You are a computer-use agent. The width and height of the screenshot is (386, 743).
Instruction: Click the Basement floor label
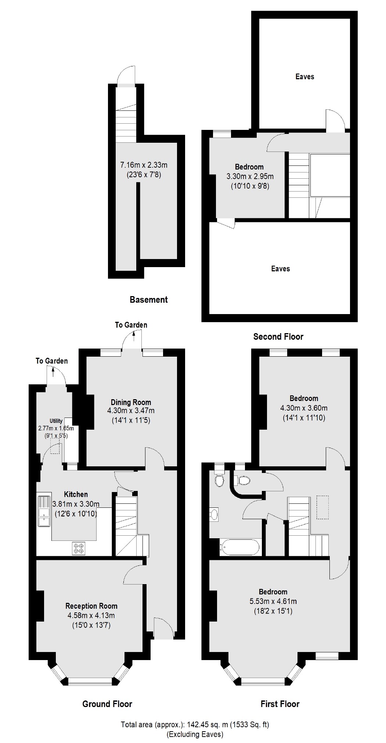click(x=149, y=300)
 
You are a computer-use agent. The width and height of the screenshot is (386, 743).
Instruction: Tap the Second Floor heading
click(x=278, y=336)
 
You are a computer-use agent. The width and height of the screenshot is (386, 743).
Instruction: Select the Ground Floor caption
click(x=107, y=704)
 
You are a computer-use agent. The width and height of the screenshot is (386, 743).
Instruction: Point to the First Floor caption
click(x=280, y=704)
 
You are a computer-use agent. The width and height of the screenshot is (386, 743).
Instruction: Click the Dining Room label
click(x=131, y=402)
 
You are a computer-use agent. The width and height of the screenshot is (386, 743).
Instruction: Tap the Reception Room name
click(x=91, y=606)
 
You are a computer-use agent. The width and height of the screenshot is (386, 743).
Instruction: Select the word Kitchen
click(x=76, y=494)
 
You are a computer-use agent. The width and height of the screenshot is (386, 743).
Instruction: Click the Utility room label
click(x=56, y=421)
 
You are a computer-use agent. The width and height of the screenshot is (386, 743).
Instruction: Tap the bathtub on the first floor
click(x=239, y=548)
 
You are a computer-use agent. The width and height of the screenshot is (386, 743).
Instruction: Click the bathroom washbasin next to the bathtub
click(x=214, y=514)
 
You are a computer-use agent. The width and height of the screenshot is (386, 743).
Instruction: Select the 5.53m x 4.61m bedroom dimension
click(x=273, y=601)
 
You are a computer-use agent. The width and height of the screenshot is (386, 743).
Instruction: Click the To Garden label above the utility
click(x=51, y=361)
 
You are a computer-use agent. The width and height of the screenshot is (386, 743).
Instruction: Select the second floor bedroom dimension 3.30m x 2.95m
click(x=250, y=176)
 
